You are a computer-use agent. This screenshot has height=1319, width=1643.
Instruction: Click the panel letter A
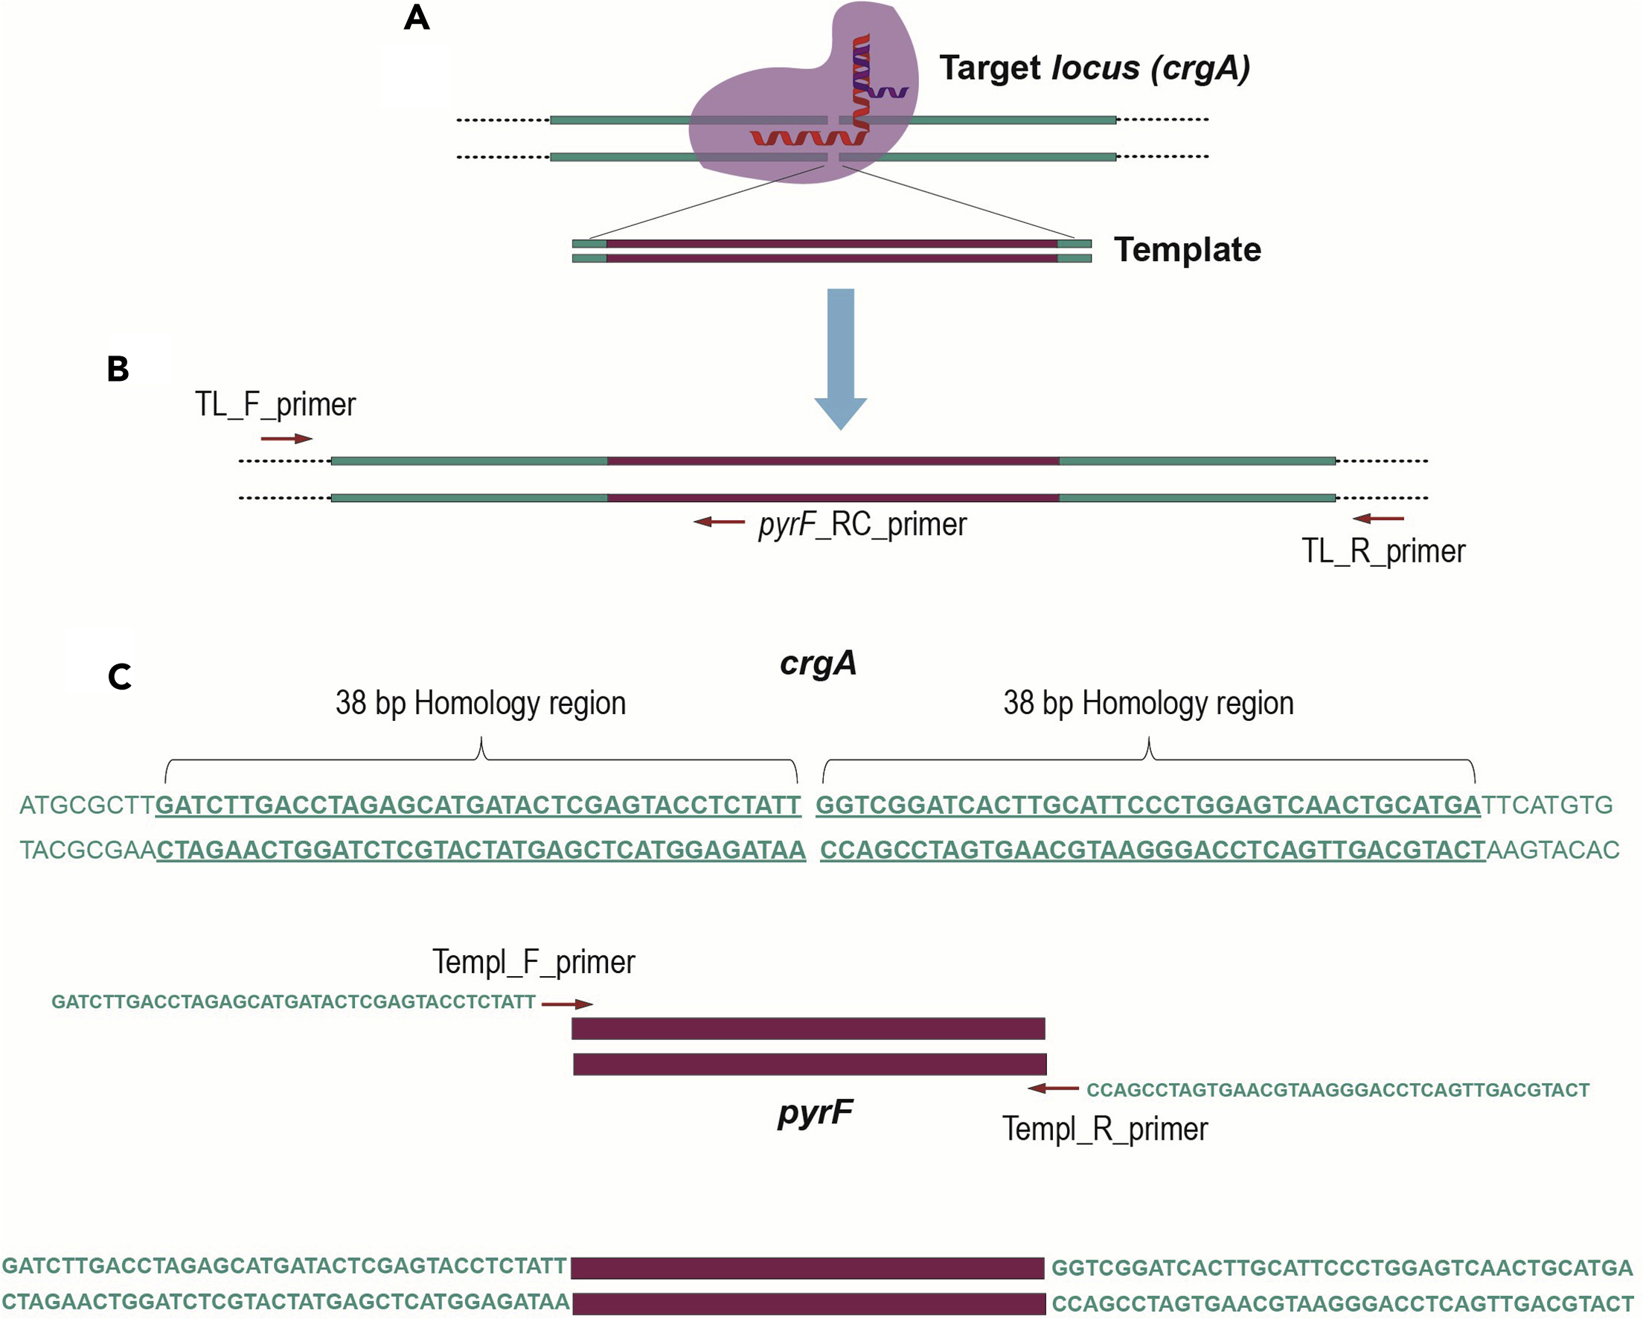point(417,18)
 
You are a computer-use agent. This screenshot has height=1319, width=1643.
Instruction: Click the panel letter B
point(118,369)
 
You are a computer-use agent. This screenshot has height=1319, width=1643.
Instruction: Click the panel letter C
point(120,677)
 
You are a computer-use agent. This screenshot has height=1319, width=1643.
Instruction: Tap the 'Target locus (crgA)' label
point(1094,68)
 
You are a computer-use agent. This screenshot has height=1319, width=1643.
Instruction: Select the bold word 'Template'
point(1187,250)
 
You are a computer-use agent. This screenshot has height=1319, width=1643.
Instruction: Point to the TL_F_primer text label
point(275,405)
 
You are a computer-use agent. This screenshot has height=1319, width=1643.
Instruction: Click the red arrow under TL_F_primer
point(286,439)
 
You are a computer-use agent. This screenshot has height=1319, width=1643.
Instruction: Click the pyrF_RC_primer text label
point(862,524)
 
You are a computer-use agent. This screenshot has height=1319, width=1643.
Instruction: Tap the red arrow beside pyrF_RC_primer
point(720,522)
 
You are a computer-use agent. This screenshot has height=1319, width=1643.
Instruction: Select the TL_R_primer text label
point(1383,551)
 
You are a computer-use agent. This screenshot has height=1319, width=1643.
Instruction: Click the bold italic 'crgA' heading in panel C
point(818,663)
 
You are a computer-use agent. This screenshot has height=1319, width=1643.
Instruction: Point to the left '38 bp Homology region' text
point(480,702)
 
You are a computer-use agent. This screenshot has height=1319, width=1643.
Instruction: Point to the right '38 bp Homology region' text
point(1147,702)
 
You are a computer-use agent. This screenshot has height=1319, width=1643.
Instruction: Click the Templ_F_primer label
point(534,962)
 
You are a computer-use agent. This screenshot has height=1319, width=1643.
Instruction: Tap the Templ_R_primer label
point(1104,1129)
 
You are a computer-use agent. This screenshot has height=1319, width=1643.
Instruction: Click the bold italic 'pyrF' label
point(815,1111)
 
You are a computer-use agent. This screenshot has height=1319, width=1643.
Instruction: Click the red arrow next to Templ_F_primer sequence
point(567,1004)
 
